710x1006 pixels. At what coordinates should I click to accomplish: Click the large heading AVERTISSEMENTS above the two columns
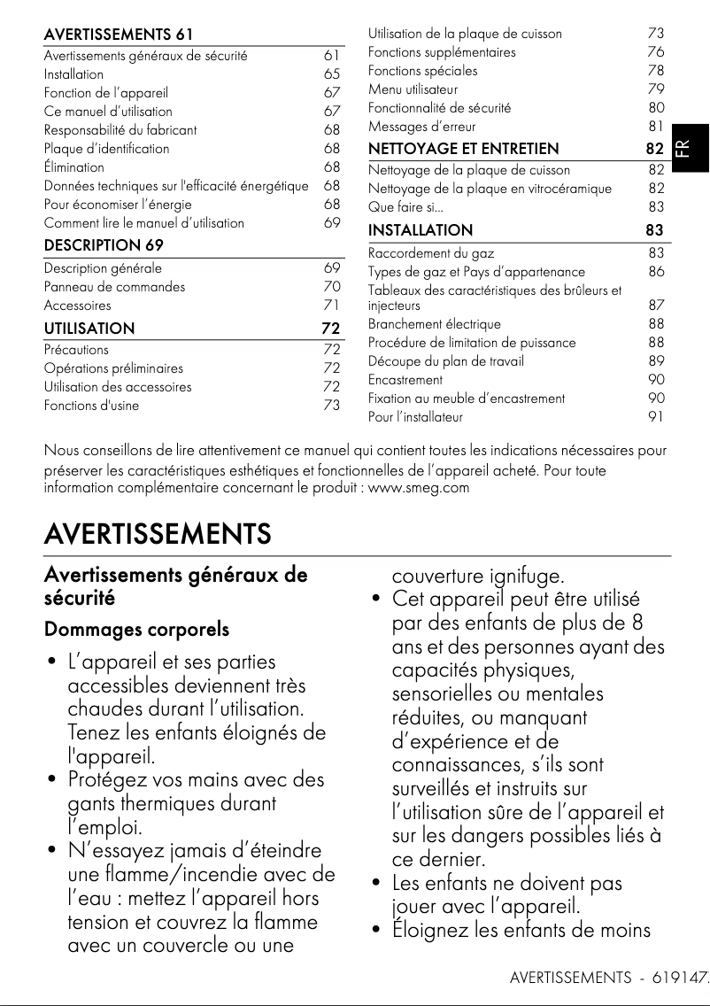tap(158, 534)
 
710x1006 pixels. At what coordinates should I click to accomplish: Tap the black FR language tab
tap(690, 147)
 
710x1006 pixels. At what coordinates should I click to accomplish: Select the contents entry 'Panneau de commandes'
tap(115, 287)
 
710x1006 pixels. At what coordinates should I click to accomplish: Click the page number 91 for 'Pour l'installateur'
tap(656, 416)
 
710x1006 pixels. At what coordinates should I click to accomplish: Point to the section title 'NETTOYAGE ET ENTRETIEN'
tap(463, 149)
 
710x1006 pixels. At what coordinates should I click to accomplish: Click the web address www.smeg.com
tap(418, 487)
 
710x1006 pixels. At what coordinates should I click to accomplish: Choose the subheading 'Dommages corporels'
tap(136, 630)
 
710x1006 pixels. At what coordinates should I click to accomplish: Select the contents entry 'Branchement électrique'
tap(434, 324)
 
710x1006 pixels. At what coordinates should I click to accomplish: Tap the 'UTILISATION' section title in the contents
tap(89, 329)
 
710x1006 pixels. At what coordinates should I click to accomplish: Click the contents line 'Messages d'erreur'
tap(421, 127)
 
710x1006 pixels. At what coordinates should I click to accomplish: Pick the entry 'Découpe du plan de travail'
tap(445, 360)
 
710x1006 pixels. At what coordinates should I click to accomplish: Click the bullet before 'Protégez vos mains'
tap(52, 780)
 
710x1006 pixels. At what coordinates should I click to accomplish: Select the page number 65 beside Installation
tap(332, 74)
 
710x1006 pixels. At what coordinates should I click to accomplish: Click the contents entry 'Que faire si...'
tap(405, 207)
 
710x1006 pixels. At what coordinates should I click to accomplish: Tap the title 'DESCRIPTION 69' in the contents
tap(104, 244)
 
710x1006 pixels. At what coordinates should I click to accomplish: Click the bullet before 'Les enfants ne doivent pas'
tap(376, 883)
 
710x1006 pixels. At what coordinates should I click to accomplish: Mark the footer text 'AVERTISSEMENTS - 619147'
tap(608, 978)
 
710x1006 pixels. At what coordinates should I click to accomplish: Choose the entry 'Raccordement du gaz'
tap(431, 253)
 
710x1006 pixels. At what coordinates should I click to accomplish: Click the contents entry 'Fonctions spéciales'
tap(422, 71)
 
